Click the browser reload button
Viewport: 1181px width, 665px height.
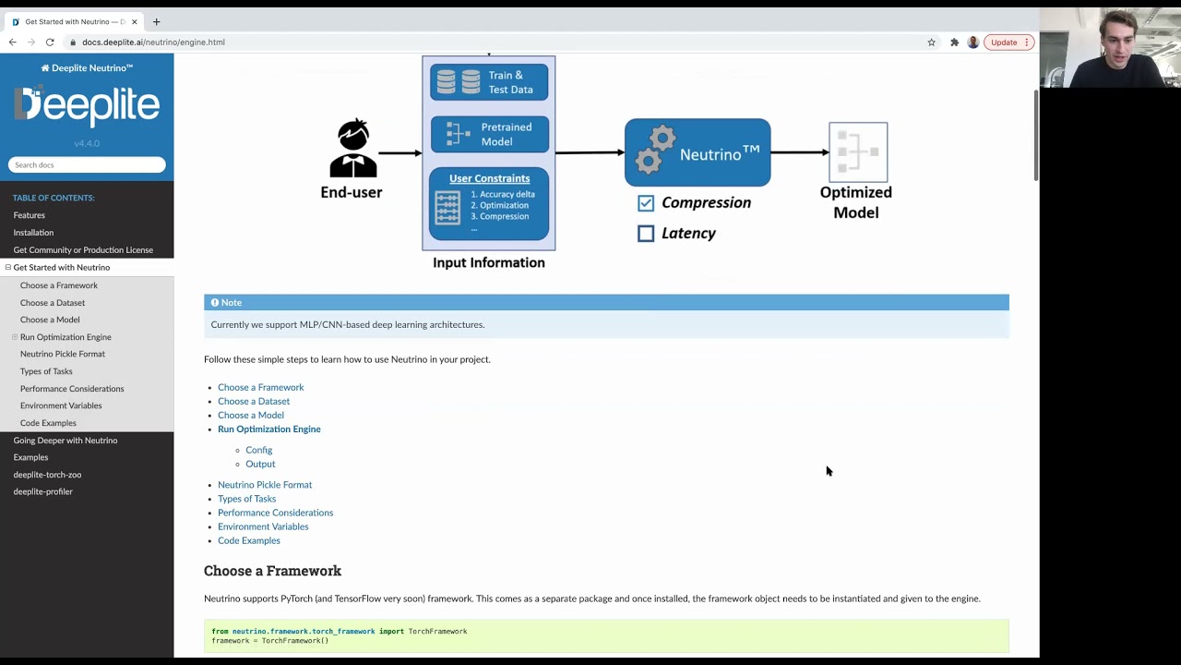tap(50, 42)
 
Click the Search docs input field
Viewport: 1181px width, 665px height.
tap(87, 165)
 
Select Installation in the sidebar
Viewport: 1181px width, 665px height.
tap(33, 233)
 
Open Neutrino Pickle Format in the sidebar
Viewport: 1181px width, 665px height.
tap(63, 354)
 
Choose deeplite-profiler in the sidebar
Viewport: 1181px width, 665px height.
tap(42, 491)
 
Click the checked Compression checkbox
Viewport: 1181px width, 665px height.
tap(646, 203)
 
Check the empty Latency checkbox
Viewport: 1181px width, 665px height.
tap(646, 234)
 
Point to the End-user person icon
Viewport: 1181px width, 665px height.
tap(352, 149)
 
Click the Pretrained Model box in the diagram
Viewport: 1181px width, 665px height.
tap(489, 135)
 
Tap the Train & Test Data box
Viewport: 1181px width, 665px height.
tap(489, 82)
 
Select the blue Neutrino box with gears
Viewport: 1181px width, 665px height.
tap(698, 152)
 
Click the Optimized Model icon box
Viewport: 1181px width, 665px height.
tap(858, 152)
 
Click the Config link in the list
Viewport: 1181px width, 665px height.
tap(258, 450)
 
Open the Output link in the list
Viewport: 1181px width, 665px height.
tap(260, 464)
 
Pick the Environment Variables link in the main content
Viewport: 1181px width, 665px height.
tap(263, 526)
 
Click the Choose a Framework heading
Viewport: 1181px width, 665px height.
tap(272, 571)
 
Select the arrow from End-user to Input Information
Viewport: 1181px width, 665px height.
tap(400, 153)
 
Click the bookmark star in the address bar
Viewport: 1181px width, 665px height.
tap(931, 42)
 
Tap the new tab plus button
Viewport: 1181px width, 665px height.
tap(156, 21)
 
